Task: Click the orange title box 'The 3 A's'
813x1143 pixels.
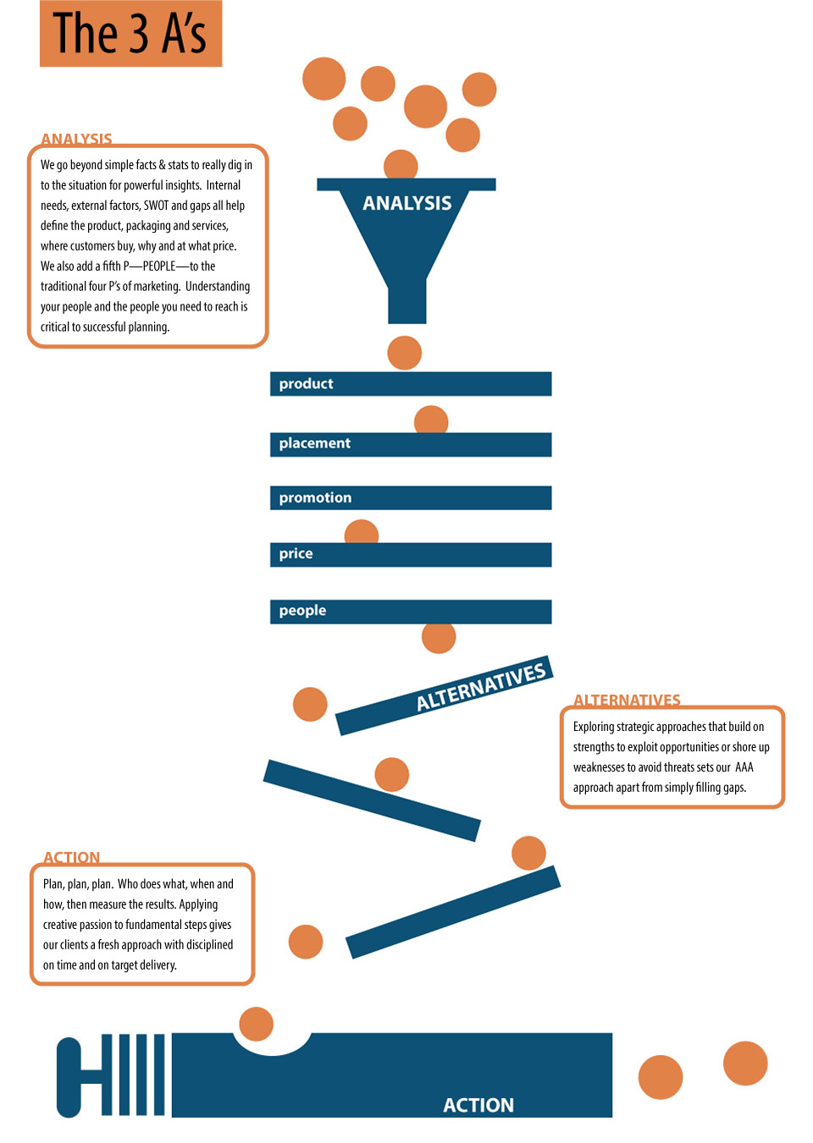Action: click(130, 34)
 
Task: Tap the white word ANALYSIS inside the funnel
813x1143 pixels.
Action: click(407, 203)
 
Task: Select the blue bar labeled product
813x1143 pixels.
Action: click(411, 384)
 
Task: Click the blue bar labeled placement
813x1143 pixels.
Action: click(411, 444)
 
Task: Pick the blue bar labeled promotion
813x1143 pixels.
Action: click(411, 497)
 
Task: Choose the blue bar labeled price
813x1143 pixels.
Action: click(411, 555)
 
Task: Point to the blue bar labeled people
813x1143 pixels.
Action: click(411, 612)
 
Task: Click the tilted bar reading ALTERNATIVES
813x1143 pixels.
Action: click(445, 695)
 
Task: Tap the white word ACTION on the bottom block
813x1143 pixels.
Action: click(478, 1105)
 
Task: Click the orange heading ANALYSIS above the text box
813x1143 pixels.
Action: click(76, 139)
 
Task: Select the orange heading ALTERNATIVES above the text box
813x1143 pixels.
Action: click(628, 700)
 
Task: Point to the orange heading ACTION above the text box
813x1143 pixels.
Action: click(71, 857)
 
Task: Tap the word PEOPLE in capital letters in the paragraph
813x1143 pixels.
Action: click(159, 267)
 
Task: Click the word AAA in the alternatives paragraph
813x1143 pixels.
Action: click(744, 767)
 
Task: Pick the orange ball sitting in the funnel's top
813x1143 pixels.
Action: click(401, 164)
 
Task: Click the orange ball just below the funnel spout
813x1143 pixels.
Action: click(405, 353)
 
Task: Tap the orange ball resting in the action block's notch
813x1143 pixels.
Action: click(257, 1024)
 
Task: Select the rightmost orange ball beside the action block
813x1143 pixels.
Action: click(745, 1063)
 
